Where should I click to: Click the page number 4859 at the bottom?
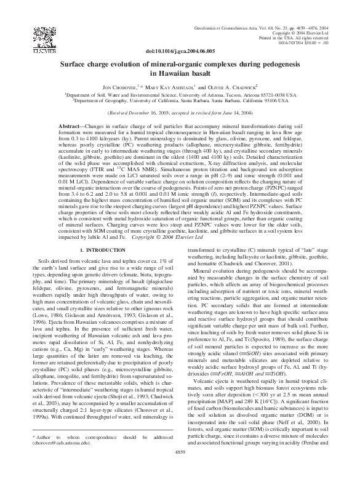pyautogui.click(x=180, y=468)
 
